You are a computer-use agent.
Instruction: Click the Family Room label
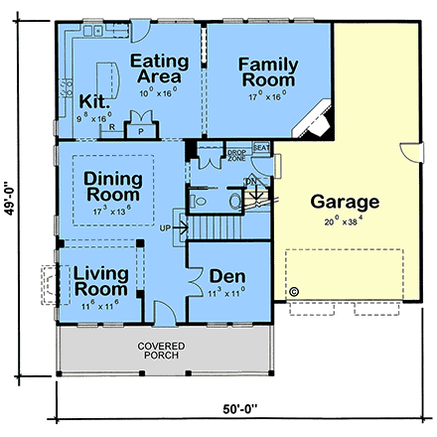267,72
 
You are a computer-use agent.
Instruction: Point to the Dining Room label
111,186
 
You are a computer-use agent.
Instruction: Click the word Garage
345,202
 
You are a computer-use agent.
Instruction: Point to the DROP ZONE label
237,155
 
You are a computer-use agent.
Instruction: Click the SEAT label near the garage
262,147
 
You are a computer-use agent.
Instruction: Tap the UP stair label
179,227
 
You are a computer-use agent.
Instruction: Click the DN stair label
250,180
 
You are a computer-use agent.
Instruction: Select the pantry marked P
141,129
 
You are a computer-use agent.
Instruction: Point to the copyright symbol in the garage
294,292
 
